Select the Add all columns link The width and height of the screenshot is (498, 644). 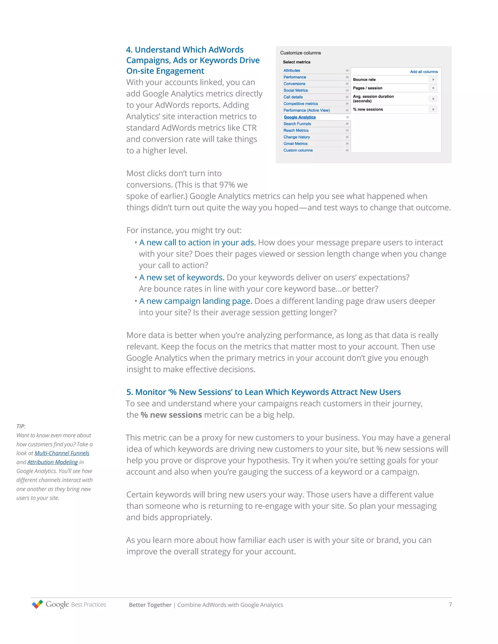[x=424, y=72]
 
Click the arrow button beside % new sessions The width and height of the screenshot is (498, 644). [x=433, y=109]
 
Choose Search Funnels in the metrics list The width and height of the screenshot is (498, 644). [x=297, y=124]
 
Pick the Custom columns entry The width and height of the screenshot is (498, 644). [x=298, y=150]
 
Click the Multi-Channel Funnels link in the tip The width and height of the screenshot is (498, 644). [x=62, y=453]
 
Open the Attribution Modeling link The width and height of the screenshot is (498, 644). [x=53, y=462]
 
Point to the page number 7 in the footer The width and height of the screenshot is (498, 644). [x=450, y=604]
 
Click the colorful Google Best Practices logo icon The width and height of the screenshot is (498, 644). [x=37, y=604]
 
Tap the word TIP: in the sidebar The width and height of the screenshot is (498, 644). [x=21, y=426]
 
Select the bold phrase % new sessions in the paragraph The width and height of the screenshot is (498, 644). [x=171, y=415]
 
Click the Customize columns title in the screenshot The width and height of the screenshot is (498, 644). [x=300, y=53]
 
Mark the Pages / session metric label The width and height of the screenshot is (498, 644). [x=368, y=88]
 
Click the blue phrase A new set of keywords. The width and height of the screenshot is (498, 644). [x=182, y=278]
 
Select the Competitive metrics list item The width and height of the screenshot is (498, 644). [x=301, y=104]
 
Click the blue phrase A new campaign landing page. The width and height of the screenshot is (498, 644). [x=196, y=301]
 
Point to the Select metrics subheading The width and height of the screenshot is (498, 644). [x=296, y=62]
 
